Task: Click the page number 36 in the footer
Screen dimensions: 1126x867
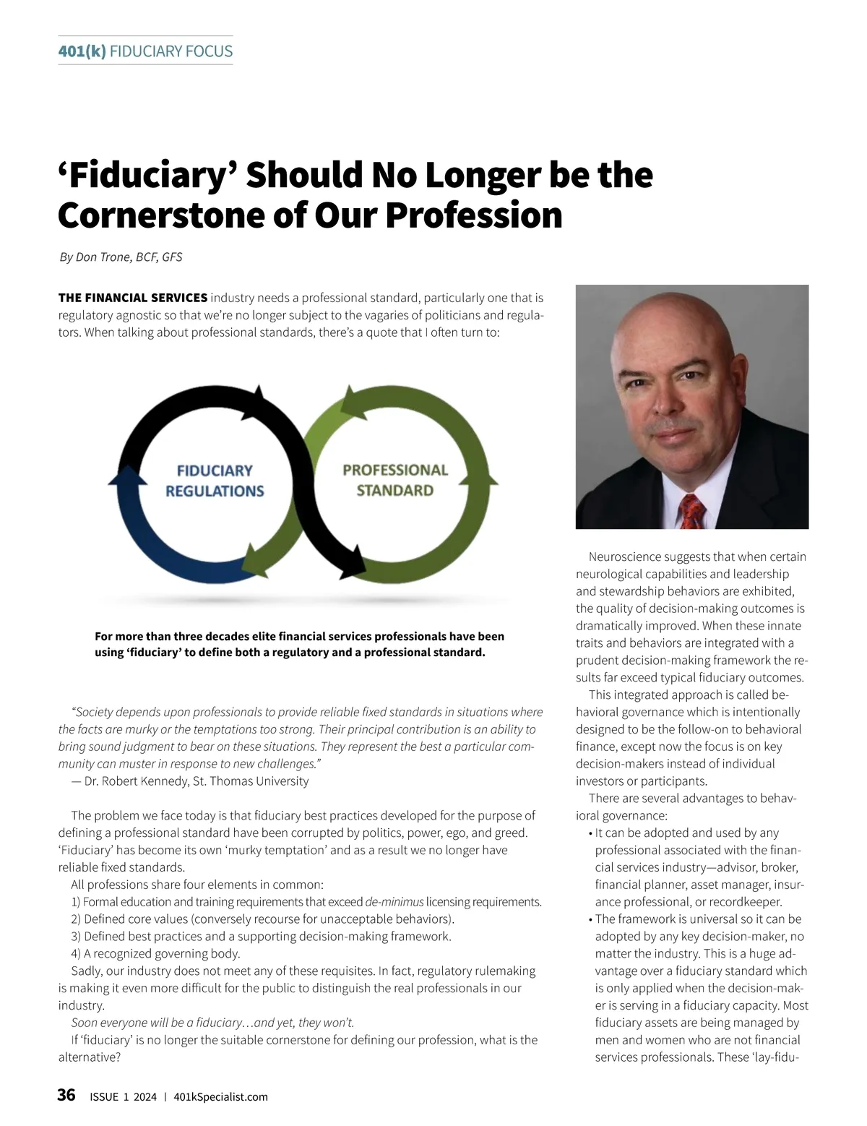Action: tap(66, 1095)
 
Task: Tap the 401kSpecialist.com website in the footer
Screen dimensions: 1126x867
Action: tap(221, 1096)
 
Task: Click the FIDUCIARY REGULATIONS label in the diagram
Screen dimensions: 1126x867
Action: tap(215, 481)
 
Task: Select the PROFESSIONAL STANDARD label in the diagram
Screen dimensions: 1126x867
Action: tap(395, 480)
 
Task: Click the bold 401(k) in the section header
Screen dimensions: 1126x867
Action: tap(82, 51)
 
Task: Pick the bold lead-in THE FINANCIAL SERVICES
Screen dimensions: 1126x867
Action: tap(133, 298)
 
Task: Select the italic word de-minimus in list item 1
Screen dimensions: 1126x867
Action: tap(394, 902)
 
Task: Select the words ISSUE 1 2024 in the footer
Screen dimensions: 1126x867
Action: tap(123, 1096)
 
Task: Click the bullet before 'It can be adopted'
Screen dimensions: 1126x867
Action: tap(591, 833)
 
